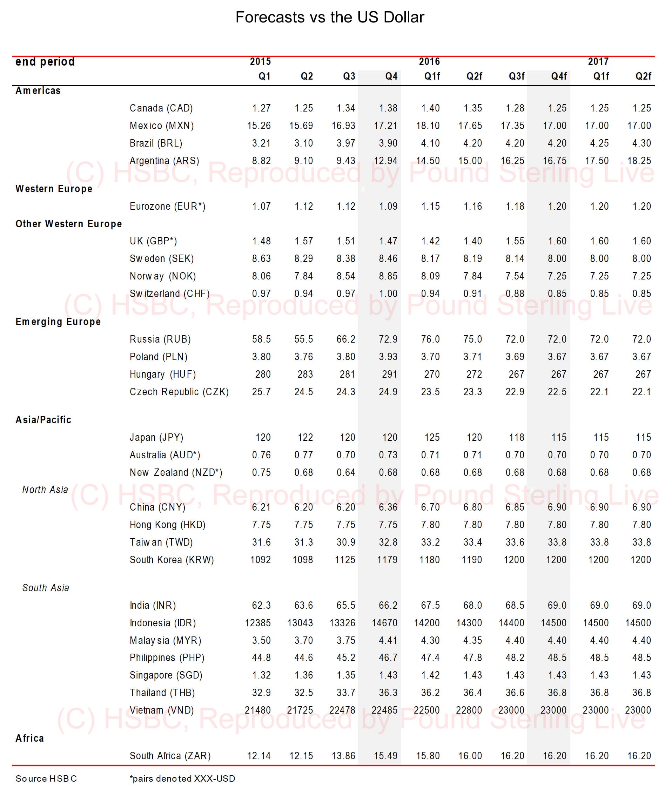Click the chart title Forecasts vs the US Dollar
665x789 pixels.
(330, 17)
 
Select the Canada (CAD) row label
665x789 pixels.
(161, 108)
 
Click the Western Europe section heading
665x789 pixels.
(54, 189)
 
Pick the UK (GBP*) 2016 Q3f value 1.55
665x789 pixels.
(515, 241)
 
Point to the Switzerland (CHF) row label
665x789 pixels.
(170, 293)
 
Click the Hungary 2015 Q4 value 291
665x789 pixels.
(389, 374)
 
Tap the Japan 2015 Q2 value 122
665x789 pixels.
(305, 437)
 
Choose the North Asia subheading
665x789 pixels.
(45, 489)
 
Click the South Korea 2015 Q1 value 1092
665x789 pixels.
(261, 559)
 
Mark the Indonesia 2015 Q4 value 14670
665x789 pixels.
(384, 622)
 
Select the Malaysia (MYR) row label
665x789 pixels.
(166, 640)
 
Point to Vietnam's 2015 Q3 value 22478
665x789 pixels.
(342, 710)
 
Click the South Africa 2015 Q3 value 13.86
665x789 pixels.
(343, 755)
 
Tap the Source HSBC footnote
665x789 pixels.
(46, 778)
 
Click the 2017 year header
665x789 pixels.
(598, 61)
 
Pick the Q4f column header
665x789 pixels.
(559, 76)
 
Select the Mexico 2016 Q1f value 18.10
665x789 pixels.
(428, 126)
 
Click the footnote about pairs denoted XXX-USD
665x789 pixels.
(182, 778)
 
